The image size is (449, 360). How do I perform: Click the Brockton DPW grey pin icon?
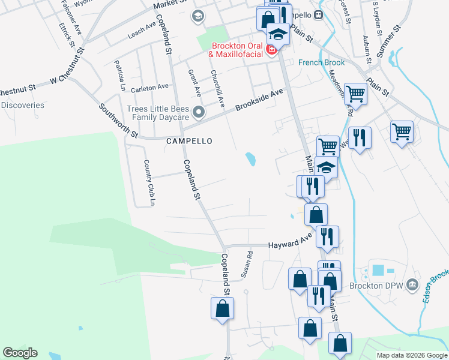coord(412,284)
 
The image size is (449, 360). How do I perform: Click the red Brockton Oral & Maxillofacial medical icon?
coord(271,49)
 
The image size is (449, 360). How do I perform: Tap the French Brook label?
coord(316,62)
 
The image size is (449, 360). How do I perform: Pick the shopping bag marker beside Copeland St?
coord(222,308)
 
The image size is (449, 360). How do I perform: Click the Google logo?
coord(20,353)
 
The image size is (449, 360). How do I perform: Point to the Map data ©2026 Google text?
coord(412,355)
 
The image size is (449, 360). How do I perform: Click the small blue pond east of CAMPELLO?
coord(250,159)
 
